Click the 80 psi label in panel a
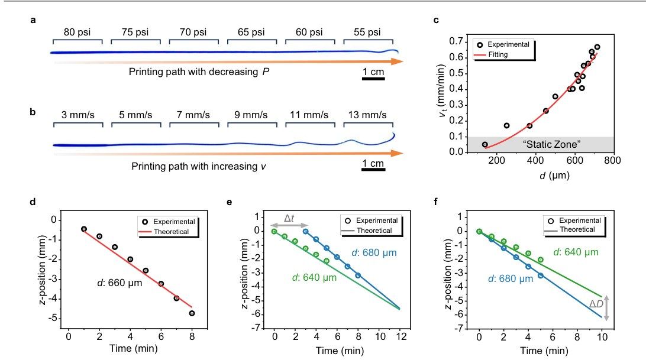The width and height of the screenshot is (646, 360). coord(77,32)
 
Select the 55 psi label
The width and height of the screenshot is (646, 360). coord(367,32)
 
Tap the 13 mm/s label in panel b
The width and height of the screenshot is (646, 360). coord(367,115)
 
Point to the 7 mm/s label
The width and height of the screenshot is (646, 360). coord(193,115)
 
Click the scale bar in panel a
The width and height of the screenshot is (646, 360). coord(373,78)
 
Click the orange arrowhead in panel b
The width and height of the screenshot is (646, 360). coord(397,153)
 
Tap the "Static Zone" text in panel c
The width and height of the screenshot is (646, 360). coord(552,144)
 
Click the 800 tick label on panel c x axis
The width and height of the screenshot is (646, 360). coord(612,160)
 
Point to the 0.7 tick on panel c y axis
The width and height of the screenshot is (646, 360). coord(457,41)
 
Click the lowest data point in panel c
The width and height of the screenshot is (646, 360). coord(485,145)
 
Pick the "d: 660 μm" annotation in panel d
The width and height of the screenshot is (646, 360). coord(119,283)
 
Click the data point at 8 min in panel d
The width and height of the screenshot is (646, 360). coord(192,313)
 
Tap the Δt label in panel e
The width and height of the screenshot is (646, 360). coord(289,218)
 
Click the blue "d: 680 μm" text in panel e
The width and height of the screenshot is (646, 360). coord(374,252)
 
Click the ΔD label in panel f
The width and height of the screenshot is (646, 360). coord(596,304)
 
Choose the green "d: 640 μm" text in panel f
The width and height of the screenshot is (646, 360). coord(576,252)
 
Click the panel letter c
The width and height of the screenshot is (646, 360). coord(437,20)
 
